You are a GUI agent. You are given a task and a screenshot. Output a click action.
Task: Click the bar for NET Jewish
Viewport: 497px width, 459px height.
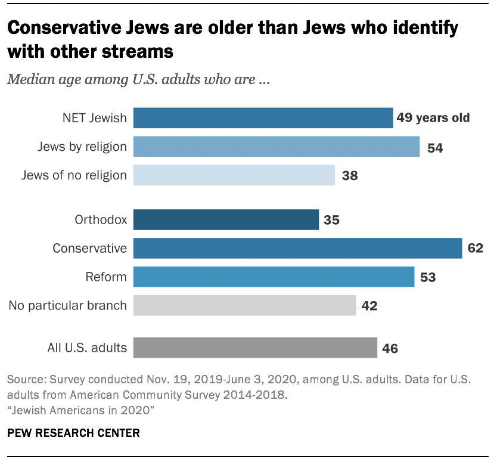tap(263, 118)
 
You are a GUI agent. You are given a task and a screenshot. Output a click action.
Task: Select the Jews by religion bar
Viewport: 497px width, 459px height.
tap(276, 147)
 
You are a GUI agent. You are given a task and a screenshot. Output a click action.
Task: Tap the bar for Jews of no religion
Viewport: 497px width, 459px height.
tap(234, 175)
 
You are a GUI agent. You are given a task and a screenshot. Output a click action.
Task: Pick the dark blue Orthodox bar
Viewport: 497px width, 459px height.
tap(226, 220)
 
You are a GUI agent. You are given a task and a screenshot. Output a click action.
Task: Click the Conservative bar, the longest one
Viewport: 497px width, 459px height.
tap(297, 249)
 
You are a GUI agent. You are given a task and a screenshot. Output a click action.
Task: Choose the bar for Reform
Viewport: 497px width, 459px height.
tap(274, 277)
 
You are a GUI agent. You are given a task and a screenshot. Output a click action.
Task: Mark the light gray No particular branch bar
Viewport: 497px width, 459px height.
tap(244, 306)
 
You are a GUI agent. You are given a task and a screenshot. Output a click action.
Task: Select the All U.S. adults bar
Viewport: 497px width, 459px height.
tap(255, 348)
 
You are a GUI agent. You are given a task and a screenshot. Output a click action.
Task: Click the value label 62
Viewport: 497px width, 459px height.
tap(475, 249)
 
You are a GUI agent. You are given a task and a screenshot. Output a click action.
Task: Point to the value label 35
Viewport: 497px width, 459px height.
tap(331, 220)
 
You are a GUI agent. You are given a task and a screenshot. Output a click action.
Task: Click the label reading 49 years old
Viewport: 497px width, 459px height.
tap(433, 118)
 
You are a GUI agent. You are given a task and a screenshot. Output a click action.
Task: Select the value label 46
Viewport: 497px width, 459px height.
tap(390, 348)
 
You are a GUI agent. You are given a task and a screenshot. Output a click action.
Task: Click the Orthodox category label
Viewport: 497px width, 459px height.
tap(101, 220)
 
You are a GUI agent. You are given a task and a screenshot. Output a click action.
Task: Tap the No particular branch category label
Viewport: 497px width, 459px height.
tap(67, 306)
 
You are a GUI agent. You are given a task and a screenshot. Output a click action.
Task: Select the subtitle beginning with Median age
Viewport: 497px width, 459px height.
tap(138, 80)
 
